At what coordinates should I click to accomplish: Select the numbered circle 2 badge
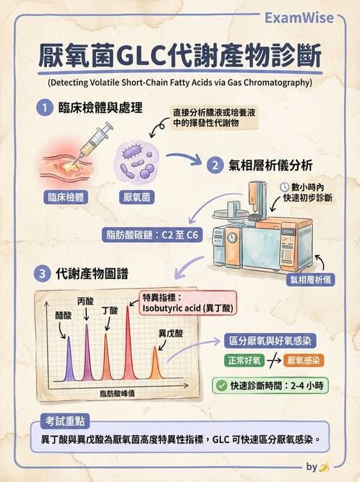coord(215,165)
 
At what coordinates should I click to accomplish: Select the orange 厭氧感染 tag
coord(304,360)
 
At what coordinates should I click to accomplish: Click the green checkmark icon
coord(222,385)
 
